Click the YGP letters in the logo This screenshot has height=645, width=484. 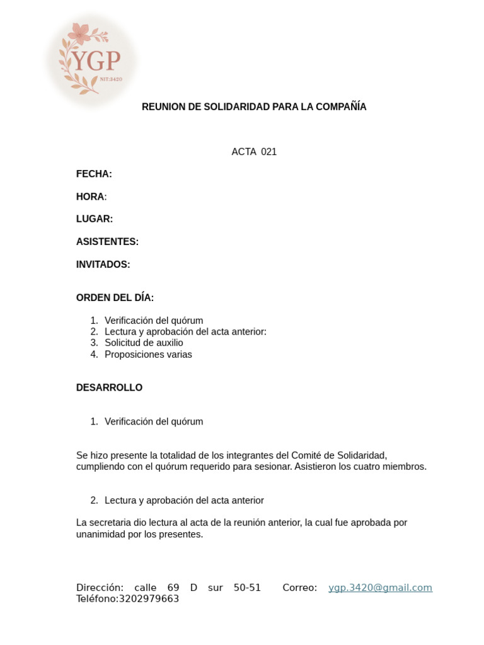[x=96, y=61]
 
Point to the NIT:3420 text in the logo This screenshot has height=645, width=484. [x=111, y=79]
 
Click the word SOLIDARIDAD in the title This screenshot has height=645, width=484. [x=234, y=107]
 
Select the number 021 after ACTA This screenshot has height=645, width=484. [x=268, y=152]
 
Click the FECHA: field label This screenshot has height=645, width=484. [x=94, y=174]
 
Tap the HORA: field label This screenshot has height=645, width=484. [x=91, y=197]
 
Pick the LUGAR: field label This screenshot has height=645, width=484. [x=95, y=219]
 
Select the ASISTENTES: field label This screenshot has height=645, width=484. [x=107, y=242]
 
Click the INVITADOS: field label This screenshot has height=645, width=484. [x=103, y=265]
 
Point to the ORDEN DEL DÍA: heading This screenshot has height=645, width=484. [x=115, y=298]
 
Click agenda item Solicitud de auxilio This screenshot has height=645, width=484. [x=144, y=343]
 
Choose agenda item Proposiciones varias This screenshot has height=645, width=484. [x=148, y=355]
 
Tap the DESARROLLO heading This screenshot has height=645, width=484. [x=109, y=388]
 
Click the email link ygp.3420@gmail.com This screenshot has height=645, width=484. [x=380, y=588]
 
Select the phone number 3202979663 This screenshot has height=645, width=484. [x=149, y=599]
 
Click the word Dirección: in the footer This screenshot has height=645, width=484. [x=100, y=588]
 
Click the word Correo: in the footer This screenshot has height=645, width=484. [x=299, y=588]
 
